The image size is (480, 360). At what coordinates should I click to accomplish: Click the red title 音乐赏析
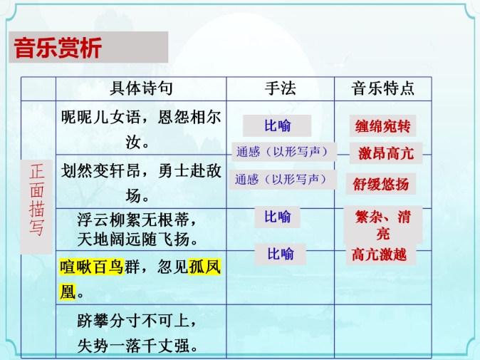click(x=58, y=48)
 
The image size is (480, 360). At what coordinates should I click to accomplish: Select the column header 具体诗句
click(x=141, y=88)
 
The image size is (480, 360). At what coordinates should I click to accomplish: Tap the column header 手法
click(x=281, y=88)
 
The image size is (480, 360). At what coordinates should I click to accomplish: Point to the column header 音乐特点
click(x=382, y=88)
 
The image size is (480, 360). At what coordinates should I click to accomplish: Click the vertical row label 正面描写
click(x=36, y=200)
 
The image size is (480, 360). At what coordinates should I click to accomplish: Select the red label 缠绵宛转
click(x=382, y=126)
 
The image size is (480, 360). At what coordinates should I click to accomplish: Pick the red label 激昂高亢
click(x=386, y=153)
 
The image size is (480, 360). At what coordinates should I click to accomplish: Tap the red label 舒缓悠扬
click(x=381, y=184)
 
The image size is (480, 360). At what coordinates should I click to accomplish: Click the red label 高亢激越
click(x=379, y=254)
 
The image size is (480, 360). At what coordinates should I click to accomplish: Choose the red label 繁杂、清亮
click(x=383, y=225)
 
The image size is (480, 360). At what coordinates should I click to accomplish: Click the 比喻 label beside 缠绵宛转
click(x=278, y=125)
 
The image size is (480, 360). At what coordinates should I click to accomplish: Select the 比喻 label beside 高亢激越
click(x=281, y=254)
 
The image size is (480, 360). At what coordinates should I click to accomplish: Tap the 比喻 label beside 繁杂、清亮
click(x=278, y=217)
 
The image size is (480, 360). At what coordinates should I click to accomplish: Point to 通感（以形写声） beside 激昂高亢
click(x=282, y=152)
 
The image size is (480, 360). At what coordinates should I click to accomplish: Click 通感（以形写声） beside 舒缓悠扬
click(x=281, y=179)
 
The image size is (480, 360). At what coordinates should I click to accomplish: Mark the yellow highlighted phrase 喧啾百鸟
click(x=92, y=267)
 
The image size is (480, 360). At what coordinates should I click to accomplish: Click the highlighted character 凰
click(x=68, y=292)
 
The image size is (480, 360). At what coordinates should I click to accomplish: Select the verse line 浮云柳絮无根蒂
click(x=132, y=220)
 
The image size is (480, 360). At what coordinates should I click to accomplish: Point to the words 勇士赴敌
click(x=189, y=170)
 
